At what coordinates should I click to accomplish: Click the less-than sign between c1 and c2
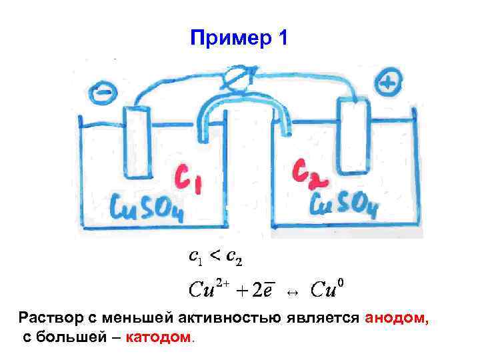tap(215, 256)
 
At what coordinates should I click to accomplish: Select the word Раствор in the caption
tap(46, 319)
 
